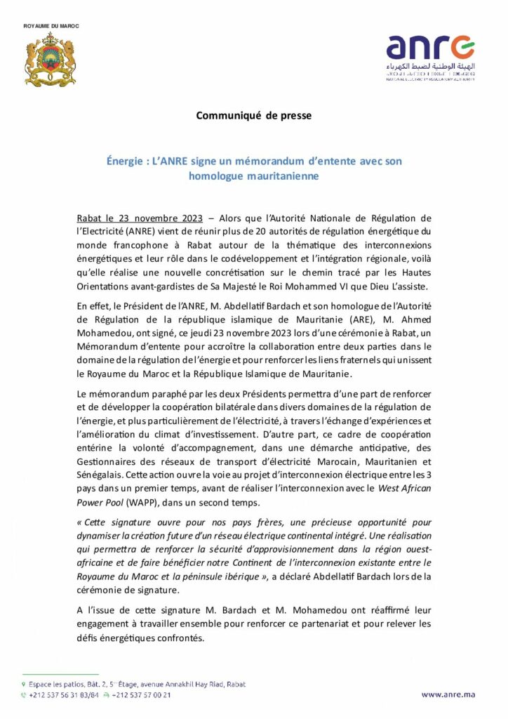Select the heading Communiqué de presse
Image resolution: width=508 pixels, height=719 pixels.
[x=253, y=115]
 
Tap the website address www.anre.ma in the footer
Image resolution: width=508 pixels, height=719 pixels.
[x=448, y=694]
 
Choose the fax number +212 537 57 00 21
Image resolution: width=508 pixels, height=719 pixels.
[x=142, y=695]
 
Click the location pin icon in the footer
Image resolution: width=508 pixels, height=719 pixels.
[x=24, y=684]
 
